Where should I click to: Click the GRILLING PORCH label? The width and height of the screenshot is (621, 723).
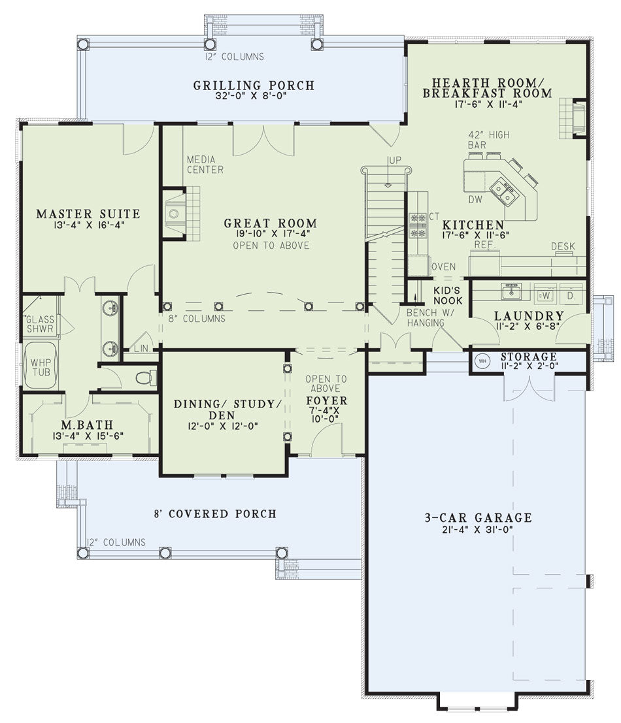point(254,86)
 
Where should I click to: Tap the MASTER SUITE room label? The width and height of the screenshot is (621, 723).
point(88,214)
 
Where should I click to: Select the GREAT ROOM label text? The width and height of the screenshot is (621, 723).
point(271,223)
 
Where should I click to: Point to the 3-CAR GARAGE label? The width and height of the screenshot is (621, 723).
point(478,517)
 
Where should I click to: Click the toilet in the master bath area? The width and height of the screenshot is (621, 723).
point(146,378)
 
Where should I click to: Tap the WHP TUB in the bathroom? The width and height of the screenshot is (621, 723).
point(41,367)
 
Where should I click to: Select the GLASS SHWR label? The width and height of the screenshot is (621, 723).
point(40,324)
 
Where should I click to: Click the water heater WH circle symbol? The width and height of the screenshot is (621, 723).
point(482,361)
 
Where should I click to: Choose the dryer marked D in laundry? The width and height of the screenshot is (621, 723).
point(571,296)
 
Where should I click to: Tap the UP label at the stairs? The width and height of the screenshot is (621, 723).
point(395,160)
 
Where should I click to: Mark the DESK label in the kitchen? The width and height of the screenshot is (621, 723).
point(563,246)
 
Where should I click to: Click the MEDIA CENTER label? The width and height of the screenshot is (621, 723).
point(205,165)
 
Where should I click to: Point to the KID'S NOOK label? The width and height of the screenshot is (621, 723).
point(448,296)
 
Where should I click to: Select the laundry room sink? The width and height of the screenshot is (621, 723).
point(511,291)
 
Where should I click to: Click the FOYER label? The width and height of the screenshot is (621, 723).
point(327,400)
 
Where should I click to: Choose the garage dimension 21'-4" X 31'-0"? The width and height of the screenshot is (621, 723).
point(477,529)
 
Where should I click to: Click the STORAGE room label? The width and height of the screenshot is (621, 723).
point(529,357)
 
